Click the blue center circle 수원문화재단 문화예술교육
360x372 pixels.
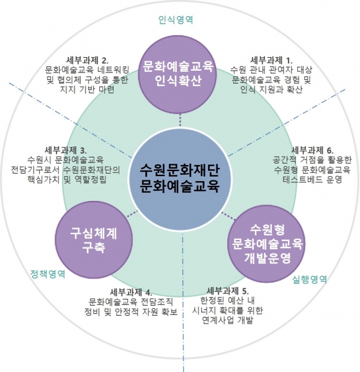[180, 180]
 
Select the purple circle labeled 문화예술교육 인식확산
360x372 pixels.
[178, 74]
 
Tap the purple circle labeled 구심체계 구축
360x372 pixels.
[94, 239]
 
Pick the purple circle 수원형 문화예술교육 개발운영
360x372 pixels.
[267, 244]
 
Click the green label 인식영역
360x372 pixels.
[176, 20]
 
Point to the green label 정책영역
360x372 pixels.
[48, 274]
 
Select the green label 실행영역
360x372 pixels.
[310, 279]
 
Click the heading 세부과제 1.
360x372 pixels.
[271, 60]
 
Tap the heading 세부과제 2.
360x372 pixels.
[87, 60]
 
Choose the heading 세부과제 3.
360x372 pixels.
[66, 150]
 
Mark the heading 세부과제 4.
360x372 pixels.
[131, 292]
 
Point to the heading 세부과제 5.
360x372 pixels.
[228, 291]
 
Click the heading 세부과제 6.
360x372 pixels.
[312, 150]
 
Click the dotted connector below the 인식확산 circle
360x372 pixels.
[180, 120]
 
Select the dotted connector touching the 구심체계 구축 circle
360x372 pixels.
[132, 214]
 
